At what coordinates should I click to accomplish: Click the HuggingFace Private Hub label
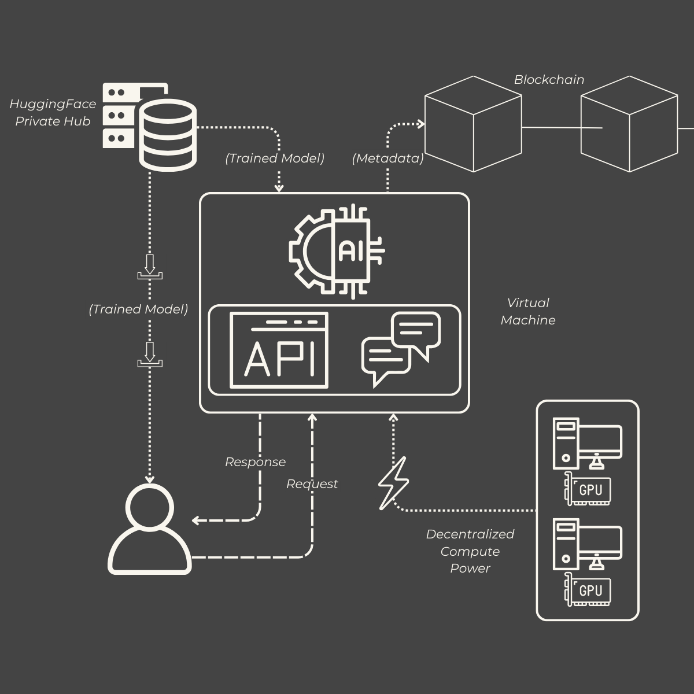tap(53, 113)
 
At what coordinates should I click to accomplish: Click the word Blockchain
tap(549, 80)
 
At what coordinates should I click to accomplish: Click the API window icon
tap(279, 350)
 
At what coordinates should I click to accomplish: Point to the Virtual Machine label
tap(528, 311)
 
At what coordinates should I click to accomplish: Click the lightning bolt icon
tap(393, 483)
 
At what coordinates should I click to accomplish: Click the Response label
tap(255, 462)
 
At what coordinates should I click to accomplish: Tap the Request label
tap(312, 484)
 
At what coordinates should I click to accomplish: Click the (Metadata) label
tap(387, 158)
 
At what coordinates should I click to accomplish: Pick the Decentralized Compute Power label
tap(470, 551)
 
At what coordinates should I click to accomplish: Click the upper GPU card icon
tap(588, 489)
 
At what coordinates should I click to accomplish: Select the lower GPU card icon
tap(588, 590)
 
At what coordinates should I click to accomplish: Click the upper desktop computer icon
tap(588, 443)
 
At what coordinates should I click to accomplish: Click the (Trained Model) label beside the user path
tap(138, 309)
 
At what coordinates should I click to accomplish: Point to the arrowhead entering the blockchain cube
tap(420, 124)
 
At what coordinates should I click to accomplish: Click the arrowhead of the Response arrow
tap(196, 520)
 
